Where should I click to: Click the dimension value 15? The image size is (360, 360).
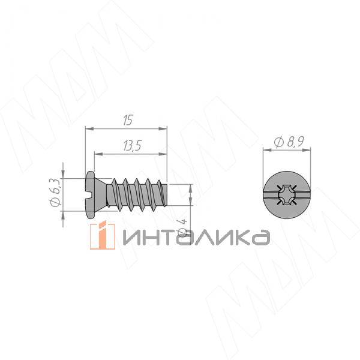tap(128, 120)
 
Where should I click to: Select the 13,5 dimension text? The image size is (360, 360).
tap(133, 146)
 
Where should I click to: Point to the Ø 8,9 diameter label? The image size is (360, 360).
tap(289, 142)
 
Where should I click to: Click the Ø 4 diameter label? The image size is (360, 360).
tap(183, 227)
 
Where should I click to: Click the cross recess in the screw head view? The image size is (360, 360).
tap(287, 194)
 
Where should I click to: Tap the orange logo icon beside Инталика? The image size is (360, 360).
tap(103, 235)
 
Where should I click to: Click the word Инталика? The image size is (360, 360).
tap(197, 238)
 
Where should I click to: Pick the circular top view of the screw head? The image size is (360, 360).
tap(287, 194)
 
